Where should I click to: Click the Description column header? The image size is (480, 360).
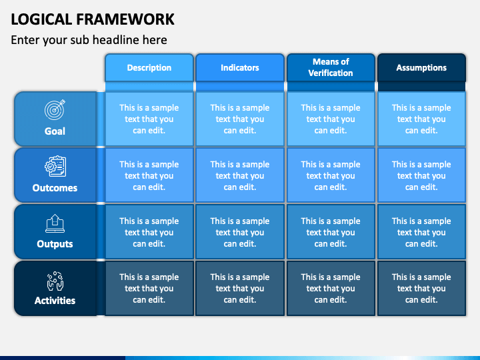[x=149, y=67]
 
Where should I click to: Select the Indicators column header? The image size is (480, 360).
[x=240, y=67]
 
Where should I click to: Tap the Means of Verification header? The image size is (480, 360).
[x=331, y=67]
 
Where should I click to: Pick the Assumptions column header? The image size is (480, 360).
[x=421, y=67]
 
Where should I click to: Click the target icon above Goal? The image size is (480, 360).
[x=55, y=109]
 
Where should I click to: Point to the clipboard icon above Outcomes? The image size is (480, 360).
[x=55, y=166]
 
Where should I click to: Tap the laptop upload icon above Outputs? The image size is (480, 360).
[x=55, y=223]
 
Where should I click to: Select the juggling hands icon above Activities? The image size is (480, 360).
[x=55, y=281]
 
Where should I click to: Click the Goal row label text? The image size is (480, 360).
[x=55, y=131]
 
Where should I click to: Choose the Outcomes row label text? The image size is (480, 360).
[x=55, y=187]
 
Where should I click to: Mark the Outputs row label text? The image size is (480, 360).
[x=55, y=244]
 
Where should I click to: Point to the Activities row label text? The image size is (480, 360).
[x=55, y=301]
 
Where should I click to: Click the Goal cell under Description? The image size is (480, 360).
[x=149, y=119]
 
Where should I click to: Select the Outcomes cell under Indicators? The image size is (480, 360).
[x=240, y=175]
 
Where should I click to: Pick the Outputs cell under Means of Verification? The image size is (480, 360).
[x=331, y=232]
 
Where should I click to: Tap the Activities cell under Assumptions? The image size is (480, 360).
[x=421, y=289]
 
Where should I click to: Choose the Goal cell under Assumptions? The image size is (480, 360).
[x=421, y=119]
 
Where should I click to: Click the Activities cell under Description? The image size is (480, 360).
[x=149, y=289]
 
